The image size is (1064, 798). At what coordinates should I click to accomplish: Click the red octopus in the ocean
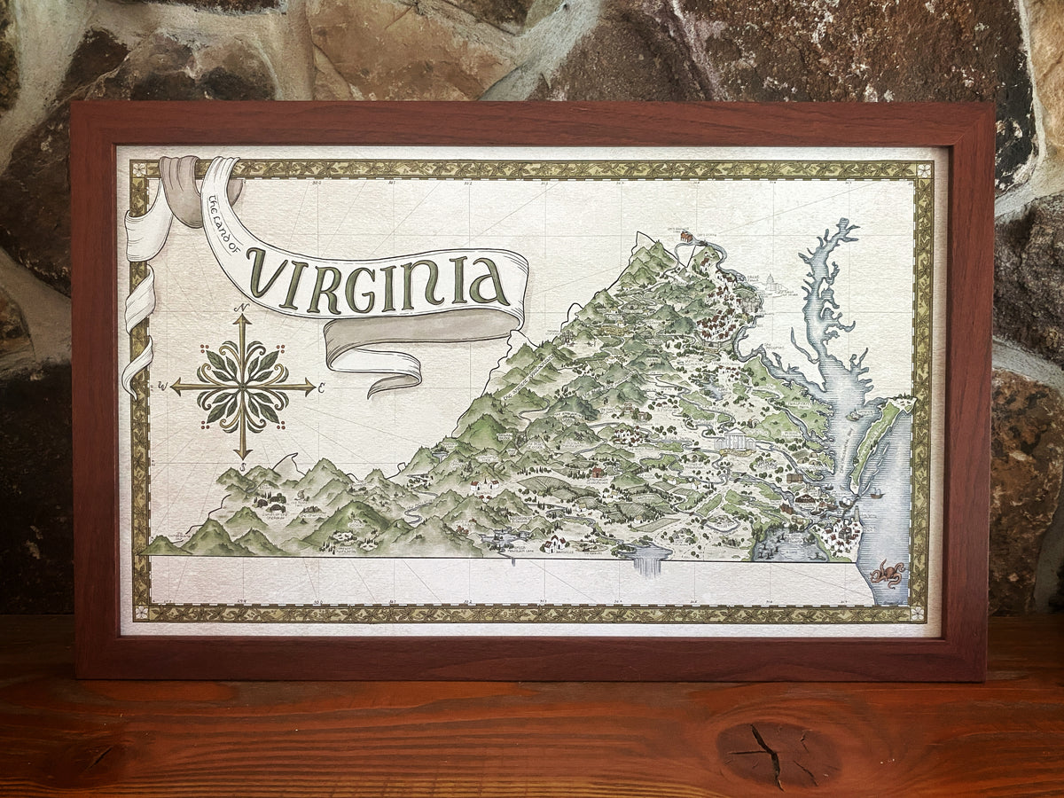point(886,574)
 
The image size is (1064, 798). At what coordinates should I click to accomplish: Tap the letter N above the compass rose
point(240,308)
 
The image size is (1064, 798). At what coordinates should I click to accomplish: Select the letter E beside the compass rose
point(321,387)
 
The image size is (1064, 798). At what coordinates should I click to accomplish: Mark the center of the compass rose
point(242,387)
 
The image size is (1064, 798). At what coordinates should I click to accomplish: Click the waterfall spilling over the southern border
point(648,561)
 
